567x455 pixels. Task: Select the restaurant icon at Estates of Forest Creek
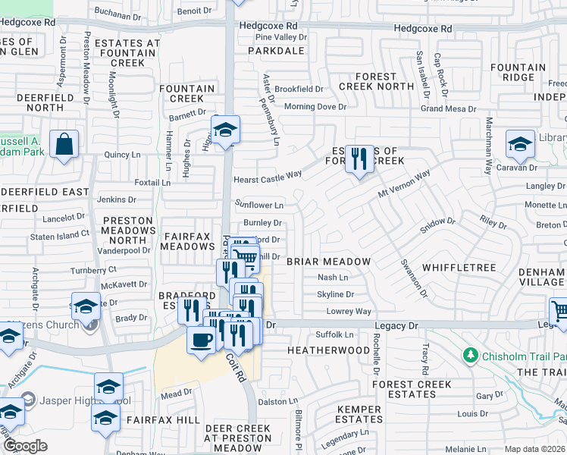pyautogui.click(x=359, y=158)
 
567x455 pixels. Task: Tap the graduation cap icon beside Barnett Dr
pyautogui.click(x=225, y=130)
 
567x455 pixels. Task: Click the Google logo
pyautogui.click(x=25, y=446)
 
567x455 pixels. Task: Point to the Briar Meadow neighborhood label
pyautogui.click(x=329, y=262)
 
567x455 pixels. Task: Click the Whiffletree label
pyautogui.click(x=459, y=268)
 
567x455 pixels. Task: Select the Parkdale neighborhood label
pyautogui.click(x=280, y=52)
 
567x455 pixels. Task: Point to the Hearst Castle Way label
pyautogui.click(x=268, y=174)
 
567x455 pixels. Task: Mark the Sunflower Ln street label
pyautogui.click(x=259, y=205)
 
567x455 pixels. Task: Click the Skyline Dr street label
pyautogui.click(x=335, y=294)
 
